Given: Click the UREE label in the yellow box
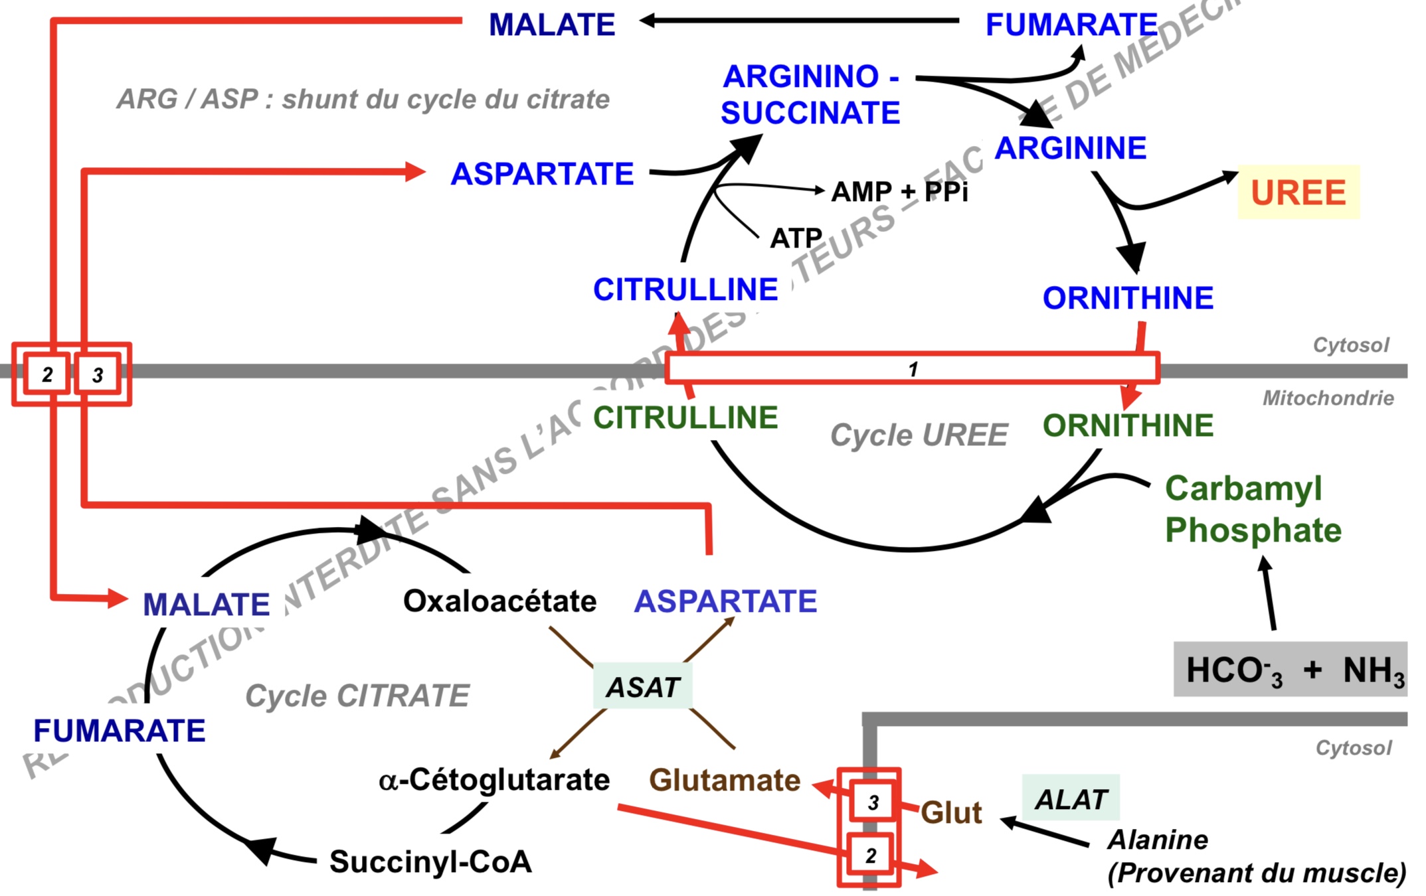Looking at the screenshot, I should [1298, 192].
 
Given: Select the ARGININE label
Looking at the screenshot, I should [1070, 148].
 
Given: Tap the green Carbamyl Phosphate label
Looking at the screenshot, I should [1253, 509].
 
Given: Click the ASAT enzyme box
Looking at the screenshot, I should [642, 687].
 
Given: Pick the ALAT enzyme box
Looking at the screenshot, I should [1071, 799].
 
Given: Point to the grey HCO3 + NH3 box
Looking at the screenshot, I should [1290, 669].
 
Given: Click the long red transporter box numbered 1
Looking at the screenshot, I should [913, 368].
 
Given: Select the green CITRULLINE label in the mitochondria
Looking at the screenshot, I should [685, 418].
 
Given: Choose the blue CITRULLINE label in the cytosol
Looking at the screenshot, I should [685, 290].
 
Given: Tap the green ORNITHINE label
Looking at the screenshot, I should [1128, 425].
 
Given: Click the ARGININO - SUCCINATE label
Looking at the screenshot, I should [810, 95].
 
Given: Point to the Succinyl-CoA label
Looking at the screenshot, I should [430, 861].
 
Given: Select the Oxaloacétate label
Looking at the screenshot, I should [499, 601].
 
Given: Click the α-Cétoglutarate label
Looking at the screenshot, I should [494, 780].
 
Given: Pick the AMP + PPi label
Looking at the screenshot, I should [899, 192].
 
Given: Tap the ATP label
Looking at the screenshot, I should [796, 238].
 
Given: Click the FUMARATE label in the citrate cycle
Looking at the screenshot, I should [120, 731].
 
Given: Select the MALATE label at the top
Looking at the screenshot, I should [552, 25].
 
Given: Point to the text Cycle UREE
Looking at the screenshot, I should [919, 435].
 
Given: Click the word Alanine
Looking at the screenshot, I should [1158, 840].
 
